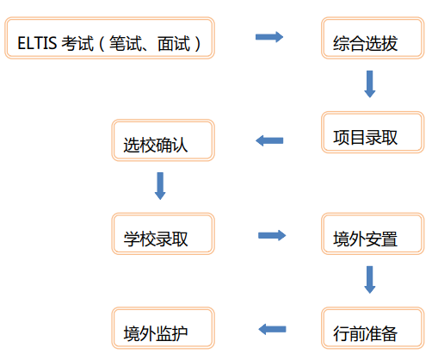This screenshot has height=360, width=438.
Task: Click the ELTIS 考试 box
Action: tap(109, 38)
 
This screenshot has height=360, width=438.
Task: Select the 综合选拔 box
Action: tap(373, 38)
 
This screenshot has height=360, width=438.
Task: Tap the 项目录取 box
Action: tap(373, 132)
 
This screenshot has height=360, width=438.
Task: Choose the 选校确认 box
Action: tap(163, 140)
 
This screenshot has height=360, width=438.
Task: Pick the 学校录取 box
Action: tap(163, 233)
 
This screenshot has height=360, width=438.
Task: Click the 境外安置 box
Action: tap(373, 233)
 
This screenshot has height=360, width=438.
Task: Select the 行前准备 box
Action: tap(373, 328)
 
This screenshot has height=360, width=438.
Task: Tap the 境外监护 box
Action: tap(163, 328)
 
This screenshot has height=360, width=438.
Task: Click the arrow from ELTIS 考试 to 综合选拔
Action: tap(269, 37)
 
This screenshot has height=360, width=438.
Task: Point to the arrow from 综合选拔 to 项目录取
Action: tap(370, 84)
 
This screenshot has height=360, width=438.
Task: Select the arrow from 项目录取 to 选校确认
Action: tap(269, 140)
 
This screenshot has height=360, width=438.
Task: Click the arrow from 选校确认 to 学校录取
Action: tap(160, 186)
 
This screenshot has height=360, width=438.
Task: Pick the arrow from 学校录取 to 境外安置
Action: tap(272, 235)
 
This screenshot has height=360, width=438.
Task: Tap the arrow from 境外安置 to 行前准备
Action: tap(370, 280)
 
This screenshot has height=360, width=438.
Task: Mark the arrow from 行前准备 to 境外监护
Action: tap(272, 329)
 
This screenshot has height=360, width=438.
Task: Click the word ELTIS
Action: tap(37, 43)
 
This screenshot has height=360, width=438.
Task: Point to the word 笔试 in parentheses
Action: tap(126, 43)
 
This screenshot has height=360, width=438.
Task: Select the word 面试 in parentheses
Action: tap(174, 43)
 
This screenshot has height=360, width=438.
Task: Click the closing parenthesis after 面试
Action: tap(197, 44)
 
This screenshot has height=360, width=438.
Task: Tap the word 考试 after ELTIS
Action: tap(77, 43)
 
